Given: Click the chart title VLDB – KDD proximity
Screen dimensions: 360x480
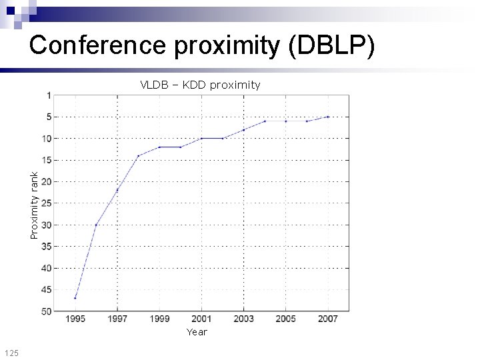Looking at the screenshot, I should (x=200, y=85).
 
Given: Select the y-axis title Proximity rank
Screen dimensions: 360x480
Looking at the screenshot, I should (x=35, y=204).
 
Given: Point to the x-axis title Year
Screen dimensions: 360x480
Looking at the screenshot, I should (x=197, y=331).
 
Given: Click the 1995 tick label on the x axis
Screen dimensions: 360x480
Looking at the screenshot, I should (x=75, y=319).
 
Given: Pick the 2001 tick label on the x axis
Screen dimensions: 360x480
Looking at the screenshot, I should (x=201, y=319).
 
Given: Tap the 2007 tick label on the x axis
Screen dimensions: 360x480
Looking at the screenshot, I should (x=327, y=319).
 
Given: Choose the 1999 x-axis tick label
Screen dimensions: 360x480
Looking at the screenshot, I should (x=159, y=319).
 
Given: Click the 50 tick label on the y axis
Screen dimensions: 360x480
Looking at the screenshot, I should (x=46, y=311).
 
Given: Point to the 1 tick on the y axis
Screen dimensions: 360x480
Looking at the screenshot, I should (x=48, y=95).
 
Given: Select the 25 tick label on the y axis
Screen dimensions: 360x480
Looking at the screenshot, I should (x=46, y=203).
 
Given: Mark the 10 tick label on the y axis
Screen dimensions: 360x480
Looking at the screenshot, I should (x=46, y=138).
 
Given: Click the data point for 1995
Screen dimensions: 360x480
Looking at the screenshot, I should (x=75, y=298).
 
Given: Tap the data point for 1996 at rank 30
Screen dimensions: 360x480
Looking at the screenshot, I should (x=96, y=225).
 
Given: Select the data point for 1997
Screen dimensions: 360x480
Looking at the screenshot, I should (x=117, y=190).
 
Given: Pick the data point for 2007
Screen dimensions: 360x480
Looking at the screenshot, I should (x=327, y=117).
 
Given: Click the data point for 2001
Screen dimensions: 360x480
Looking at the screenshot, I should (x=201, y=138).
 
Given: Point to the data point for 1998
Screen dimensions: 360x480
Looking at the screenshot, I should (x=138, y=156).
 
